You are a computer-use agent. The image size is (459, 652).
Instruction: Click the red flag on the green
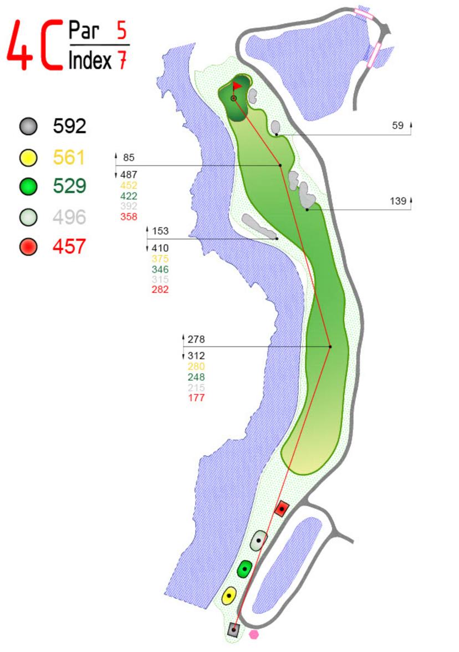[x=237, y=86]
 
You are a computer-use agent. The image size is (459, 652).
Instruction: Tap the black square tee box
[x=234, y=629]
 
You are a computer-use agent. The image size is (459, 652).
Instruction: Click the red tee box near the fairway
[x=282, y=508]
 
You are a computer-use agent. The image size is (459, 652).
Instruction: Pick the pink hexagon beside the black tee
[x=254, y=634]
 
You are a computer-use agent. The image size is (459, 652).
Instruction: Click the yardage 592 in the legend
[x=70, y=126]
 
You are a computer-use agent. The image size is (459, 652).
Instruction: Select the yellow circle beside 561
[x=28, y=158]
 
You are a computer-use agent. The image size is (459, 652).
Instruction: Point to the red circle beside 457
[x=28, y=246]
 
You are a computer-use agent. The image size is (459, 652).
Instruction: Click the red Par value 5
[x=121, y=31]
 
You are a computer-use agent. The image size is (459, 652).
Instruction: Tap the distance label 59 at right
[x=397, y=126]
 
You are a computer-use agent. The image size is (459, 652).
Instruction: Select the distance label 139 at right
[x=398, y=201]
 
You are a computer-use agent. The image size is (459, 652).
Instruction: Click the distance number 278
[x=196, y=339]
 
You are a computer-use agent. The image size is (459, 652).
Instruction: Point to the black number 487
[x=129, y=175]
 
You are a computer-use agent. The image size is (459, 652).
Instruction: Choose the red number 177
[x=196, y=398]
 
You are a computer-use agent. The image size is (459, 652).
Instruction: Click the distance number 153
[x=160, y=231]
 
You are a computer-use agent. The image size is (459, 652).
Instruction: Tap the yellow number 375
[x=160, y=259]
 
